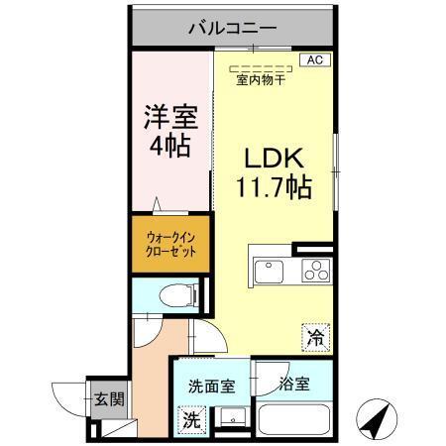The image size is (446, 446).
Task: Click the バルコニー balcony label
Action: (x=233, y=28)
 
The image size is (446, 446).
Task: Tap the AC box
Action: (x=314, y=60)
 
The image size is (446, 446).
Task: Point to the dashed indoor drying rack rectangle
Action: (x=260, y=69)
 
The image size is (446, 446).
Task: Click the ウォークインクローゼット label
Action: (x=170, y=245)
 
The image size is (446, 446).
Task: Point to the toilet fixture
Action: (x=178, y=293)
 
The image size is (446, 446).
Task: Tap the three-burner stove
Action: (x=314, y=271)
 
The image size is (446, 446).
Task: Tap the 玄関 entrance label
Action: (x=108, y=401)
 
